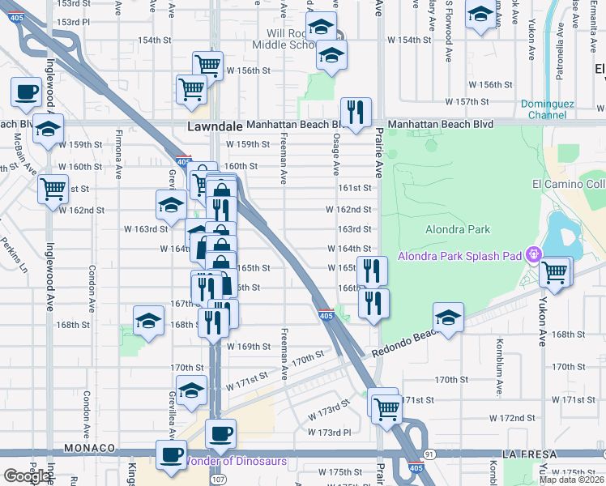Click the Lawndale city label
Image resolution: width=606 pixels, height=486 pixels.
(x=215, y=127)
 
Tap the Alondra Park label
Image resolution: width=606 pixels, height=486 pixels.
(x=458, y=229)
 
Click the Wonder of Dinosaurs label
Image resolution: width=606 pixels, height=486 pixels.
(x=237, y=461)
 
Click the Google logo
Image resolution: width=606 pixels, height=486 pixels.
(x=27, y=476)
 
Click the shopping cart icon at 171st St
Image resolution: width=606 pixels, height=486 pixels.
(x=387, y=407)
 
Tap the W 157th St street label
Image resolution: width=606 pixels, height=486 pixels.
(x=472, y=102)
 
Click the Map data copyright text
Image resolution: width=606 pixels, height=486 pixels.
(x=571, y=480)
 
